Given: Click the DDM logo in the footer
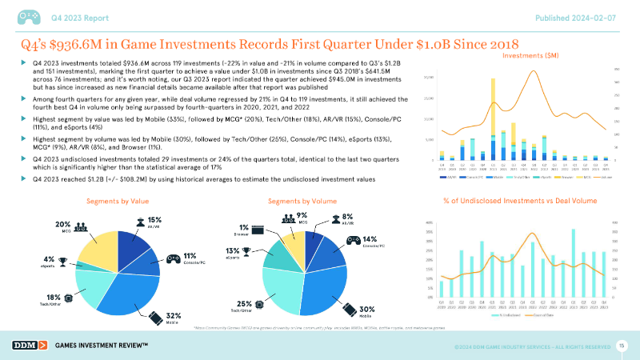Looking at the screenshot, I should [29, 345].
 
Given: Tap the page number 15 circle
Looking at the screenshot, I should [622, 344].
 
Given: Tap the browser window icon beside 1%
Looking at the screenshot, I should [258, 230].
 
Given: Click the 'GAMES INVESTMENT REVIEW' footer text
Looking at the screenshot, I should [103, 345].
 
